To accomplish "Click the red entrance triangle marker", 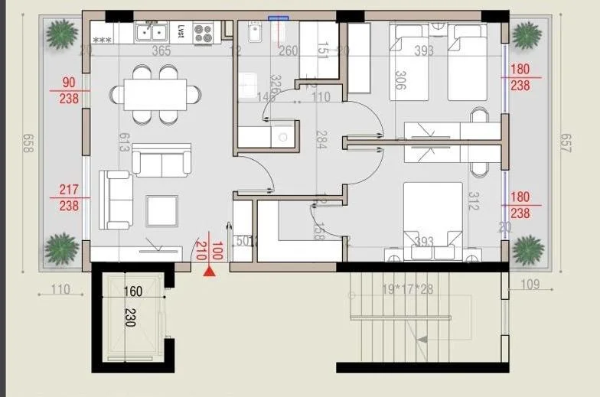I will pyautogui.click(x=209, y=269).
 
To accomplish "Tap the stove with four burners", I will pyautogui.click(x=203, y=32).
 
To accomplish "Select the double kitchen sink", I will pyautogui.click(x=152, y=32).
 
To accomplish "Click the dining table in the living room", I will pyautogui.click(x=155, y=95).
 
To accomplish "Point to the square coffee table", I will pyautogui.click(x=161, y=210).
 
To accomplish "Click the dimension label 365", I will pyautogui.click(x=161, y=51).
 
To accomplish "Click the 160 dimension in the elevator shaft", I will pyautogui.click(x=133, y=291).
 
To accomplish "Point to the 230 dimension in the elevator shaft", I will pyautogui.click(x=129, y=317).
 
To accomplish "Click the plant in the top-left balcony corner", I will pyautogui.click(x=61, y=34).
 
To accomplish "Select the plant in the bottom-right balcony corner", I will pyautogui.click(x=528, y=249).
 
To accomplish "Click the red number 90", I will pyautogui.click(x=69, y=83).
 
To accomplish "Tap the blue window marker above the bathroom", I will pyautogui.click(x=279, y=17).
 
